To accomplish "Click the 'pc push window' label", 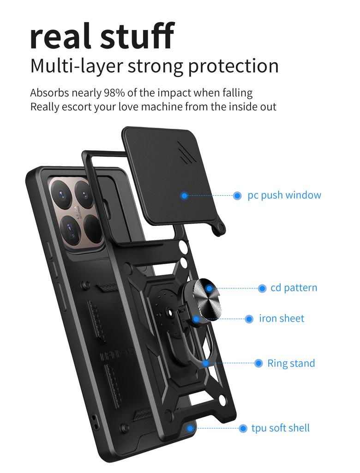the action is (x=284, y=195).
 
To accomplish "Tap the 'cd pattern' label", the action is (x=294, y=288).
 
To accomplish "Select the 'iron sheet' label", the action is (x=282, y=318).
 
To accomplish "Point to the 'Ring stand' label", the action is (x=291, y=363).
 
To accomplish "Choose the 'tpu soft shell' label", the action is (x=281, y=428).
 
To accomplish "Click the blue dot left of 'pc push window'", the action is (x=237, y=196).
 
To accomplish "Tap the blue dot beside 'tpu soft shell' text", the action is (x=243, y=428).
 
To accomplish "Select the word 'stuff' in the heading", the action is (x=137, y=35).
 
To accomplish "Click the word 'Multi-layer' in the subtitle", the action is (x=77, y=67).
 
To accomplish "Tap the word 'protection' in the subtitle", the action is (x=234, y=67).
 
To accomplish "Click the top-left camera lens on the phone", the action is (x=63, y=193).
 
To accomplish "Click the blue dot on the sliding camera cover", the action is (x=185, y=196).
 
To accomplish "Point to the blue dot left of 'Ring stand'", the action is (x=258, y=363).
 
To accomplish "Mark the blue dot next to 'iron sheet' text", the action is (x=249, y=319).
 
